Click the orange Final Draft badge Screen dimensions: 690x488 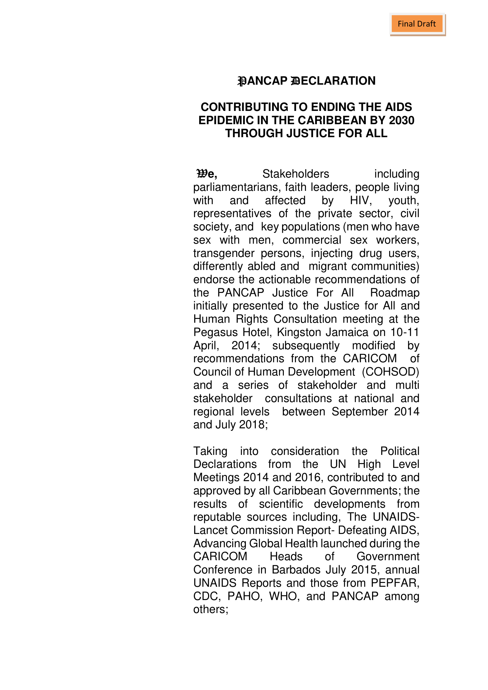(417, 24)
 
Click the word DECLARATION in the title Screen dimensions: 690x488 (334, 81)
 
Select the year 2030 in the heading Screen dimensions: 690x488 (402, 120)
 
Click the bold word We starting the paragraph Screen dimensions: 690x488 (207, 174)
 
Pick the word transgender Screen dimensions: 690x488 (224, 253)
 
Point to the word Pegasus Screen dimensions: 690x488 (215, 332)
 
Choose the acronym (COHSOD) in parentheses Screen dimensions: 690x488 (390, 372)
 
